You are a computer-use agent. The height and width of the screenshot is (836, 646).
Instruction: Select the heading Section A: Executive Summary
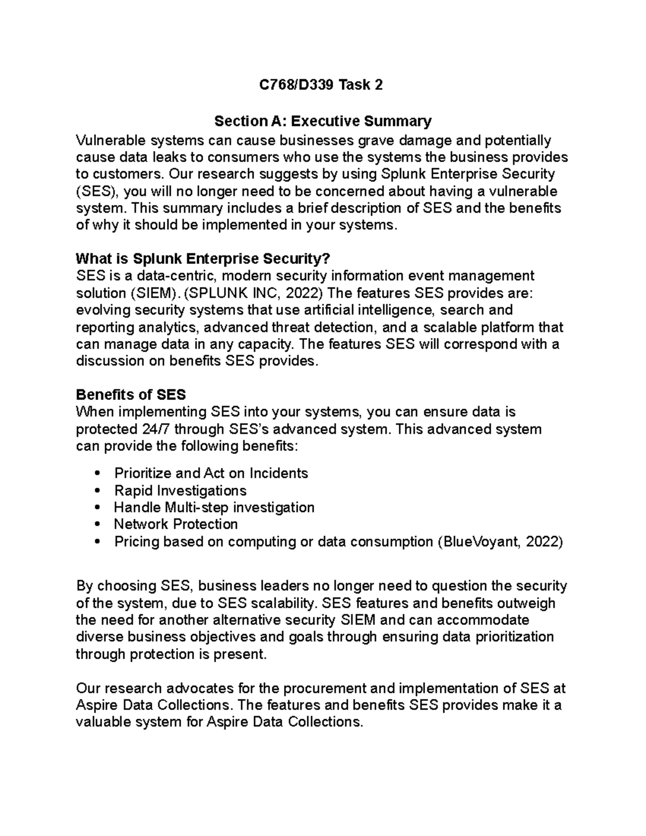322,121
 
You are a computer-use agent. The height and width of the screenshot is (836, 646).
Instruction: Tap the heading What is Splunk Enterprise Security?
202,259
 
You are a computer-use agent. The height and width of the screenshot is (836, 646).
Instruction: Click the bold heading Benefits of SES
131,395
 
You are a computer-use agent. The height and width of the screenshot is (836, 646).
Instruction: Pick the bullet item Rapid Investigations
180,490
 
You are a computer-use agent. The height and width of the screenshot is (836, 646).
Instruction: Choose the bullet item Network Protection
175,524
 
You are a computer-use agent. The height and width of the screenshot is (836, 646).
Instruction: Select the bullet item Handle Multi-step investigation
214,508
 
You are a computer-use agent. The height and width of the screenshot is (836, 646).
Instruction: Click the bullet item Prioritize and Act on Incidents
210,473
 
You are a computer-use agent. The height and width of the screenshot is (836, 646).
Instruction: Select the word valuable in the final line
103,722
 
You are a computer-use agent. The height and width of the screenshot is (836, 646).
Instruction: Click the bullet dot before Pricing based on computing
97,542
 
